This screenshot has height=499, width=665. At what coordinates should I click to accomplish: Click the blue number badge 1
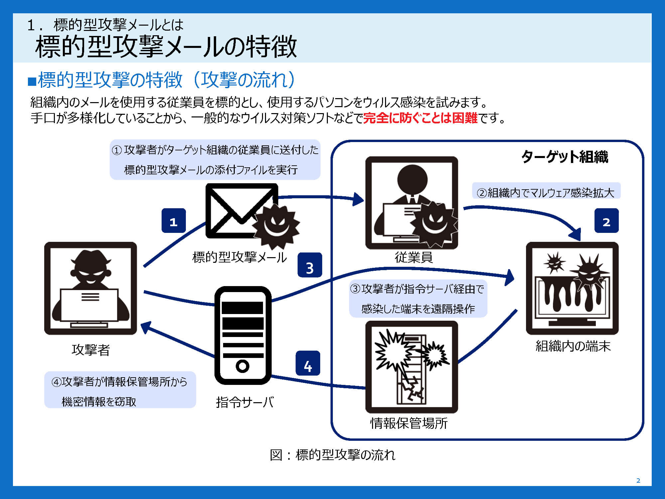(174, 221)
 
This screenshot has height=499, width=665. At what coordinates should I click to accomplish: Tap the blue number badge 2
(606, 221)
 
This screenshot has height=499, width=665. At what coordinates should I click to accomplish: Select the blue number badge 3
(310, 265)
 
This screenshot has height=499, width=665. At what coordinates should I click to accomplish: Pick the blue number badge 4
(308, 363)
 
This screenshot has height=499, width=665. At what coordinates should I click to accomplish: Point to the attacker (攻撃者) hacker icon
(90, 288)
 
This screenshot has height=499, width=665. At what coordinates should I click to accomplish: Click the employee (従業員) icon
(412, 203)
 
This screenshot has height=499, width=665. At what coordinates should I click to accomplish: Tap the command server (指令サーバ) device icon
(243, 335)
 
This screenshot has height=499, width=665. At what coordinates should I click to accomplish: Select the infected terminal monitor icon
(572, 288)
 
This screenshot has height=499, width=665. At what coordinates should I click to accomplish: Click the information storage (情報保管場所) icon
(412, 367)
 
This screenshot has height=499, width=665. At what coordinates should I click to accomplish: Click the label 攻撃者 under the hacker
(91, 350)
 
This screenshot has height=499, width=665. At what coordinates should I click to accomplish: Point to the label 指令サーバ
(245, 403)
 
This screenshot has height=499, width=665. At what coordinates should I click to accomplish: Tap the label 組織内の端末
(573, 346)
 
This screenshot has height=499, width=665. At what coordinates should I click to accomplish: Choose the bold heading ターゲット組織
(565, 157)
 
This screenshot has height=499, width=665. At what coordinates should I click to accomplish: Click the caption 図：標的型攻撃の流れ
(332, 455)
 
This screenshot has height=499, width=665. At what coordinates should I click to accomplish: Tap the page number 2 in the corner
(638, 480)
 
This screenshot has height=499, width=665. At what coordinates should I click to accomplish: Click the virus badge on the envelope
(276, 226)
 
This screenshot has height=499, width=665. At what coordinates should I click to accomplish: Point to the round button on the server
(242, 366)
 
